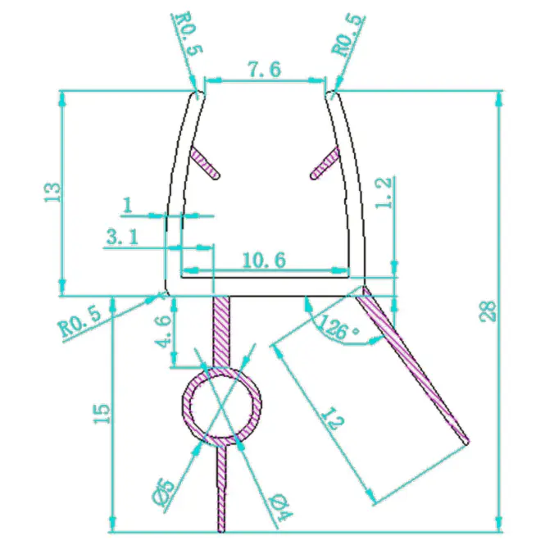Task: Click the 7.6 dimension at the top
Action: coord(264,69)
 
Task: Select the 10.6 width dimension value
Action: coord(264,260)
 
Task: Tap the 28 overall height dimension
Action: coord(488,311)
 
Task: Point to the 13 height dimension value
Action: coord(52,192)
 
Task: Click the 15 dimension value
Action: coord(102,414)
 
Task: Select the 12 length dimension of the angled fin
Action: coord(332,419)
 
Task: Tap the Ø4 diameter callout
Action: coord(282,506)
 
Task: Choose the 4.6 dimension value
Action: coord(163,331)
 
